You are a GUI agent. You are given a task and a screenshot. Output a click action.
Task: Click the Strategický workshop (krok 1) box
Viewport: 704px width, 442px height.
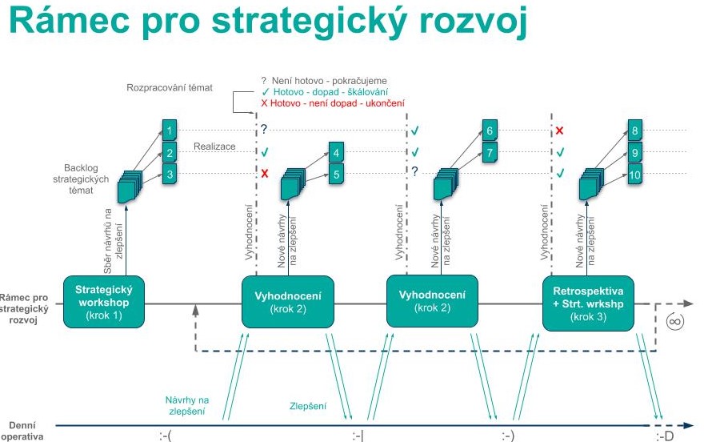[104, 302]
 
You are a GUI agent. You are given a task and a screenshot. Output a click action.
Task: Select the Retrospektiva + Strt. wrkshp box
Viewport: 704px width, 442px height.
[588, 303]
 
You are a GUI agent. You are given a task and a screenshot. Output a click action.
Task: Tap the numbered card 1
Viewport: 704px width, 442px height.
[170, 131]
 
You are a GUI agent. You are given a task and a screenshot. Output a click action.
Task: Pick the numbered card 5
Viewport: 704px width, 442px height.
[336, 175]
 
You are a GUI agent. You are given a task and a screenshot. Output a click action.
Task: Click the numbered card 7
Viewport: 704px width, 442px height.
[490, 153]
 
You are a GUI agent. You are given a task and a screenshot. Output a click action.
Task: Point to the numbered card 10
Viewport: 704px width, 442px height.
[635, 175]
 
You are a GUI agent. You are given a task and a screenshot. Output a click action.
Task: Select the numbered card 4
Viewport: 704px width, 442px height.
[336, 153]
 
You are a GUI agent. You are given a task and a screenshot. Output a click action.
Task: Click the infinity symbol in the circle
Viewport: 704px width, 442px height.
[675, 322]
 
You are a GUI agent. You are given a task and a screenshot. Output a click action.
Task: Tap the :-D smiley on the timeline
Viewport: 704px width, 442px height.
[665, 436]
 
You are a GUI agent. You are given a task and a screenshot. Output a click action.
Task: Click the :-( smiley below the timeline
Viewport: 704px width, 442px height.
[166, 436]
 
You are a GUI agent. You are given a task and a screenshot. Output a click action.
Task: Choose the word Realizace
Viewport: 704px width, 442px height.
[214, 147]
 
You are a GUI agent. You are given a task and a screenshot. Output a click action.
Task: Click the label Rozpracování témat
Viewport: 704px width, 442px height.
[170, 87]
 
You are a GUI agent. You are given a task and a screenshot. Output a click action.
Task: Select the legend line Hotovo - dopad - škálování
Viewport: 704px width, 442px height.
[325, 92]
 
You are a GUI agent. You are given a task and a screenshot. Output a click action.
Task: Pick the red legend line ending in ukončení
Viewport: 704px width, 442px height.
[333, 103]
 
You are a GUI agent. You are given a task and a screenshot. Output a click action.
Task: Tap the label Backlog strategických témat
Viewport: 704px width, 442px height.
[81, 179]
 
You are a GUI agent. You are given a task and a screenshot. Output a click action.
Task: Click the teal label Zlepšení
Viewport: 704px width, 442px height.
[308, 406]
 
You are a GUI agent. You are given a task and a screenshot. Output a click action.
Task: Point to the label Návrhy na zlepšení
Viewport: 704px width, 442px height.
[186, 406]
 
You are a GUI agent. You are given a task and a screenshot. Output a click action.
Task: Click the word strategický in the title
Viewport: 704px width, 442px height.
[309, 22]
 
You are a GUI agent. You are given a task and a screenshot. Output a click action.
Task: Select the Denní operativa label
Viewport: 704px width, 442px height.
[22, 431]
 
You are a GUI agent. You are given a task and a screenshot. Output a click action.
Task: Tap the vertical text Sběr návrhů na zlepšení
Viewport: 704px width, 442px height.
[113, 241]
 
